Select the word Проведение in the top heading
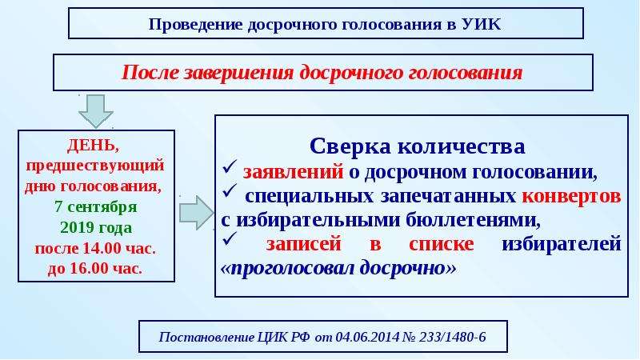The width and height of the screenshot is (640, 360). tap(196, 25)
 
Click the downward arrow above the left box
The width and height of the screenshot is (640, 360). tap(95, 111)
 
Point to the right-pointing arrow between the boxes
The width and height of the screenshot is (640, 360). tap(197, 213)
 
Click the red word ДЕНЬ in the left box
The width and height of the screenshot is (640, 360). tap(94, 146)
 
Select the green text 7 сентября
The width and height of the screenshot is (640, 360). tap(96, 206)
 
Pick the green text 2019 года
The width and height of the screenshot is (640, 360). tap(96, 227)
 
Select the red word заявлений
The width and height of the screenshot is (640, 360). tap(293, 172)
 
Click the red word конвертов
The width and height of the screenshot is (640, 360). tap(571, 196)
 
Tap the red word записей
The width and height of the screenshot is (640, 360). tap(304, 244)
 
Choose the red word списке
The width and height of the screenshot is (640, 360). tap(442, 244)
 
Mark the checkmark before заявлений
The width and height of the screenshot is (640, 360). tap(230, 167)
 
